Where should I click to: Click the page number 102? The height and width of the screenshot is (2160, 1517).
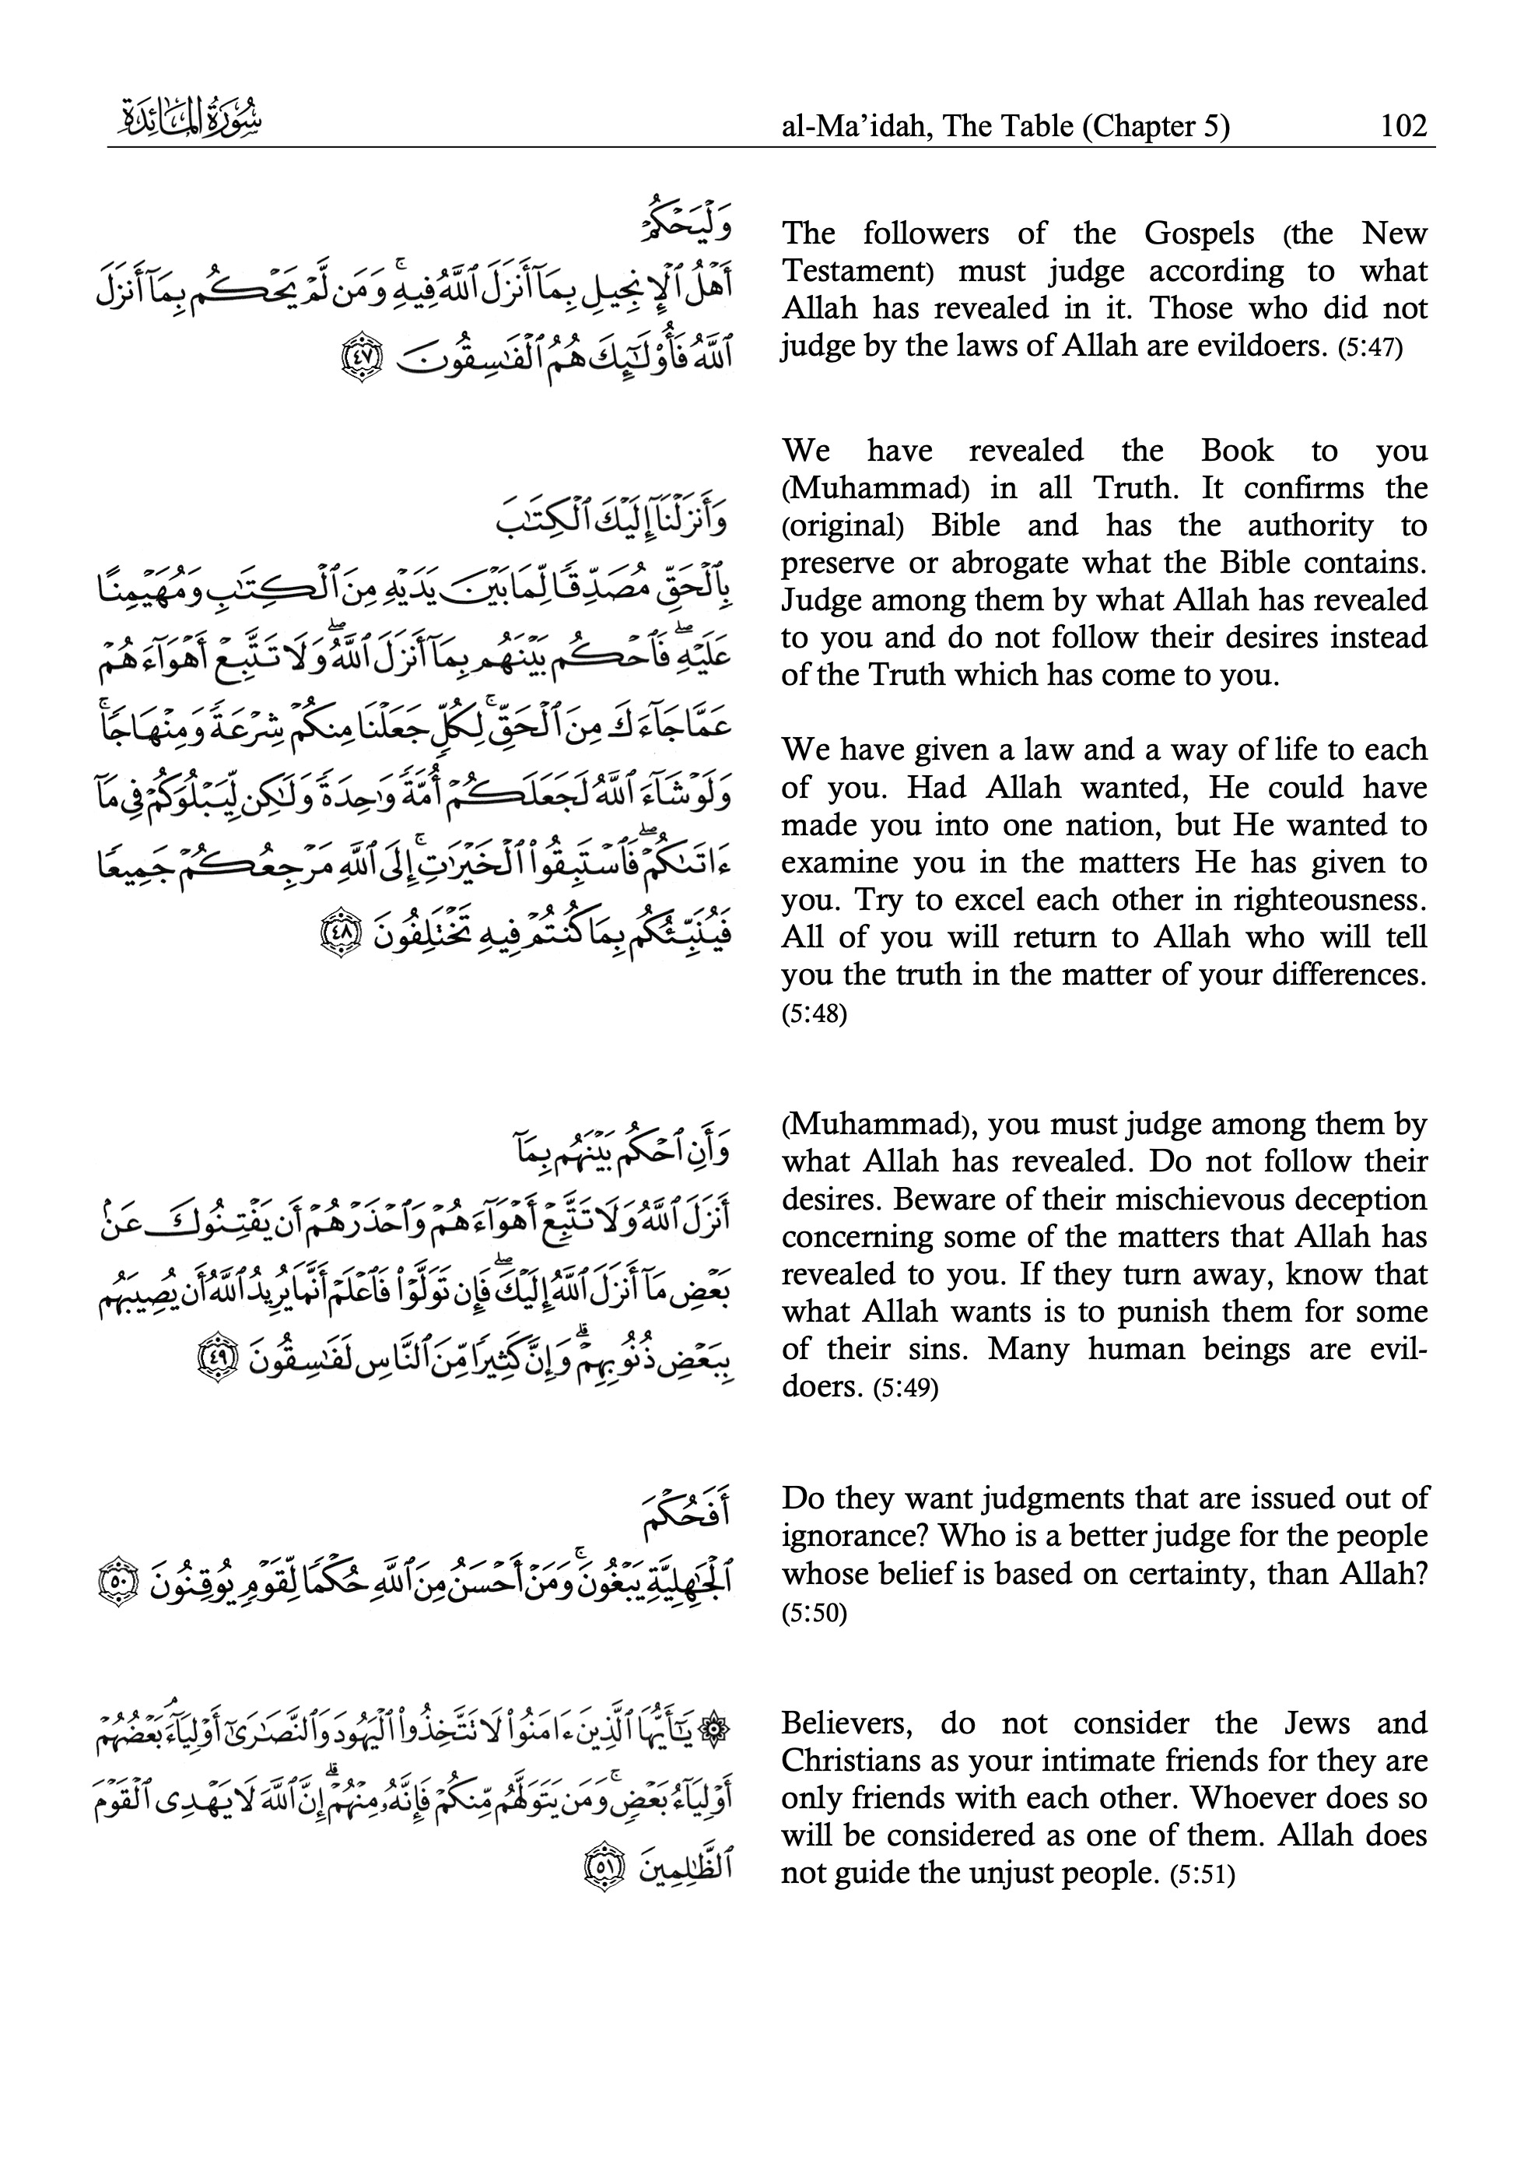pyautogui.click(x=1403, y=125)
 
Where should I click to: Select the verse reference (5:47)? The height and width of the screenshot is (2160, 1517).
pyautogui.click(x=1369, y=348)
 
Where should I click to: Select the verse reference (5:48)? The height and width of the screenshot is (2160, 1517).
pyautogui.click(x=814, y=1014)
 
